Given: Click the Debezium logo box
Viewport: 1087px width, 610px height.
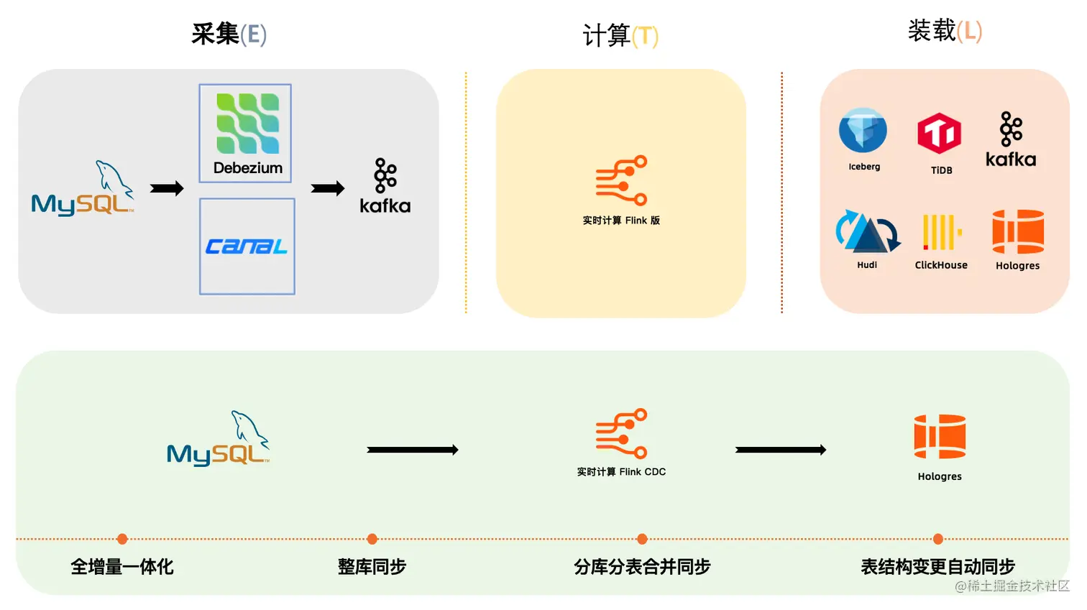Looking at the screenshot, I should pos(245,133).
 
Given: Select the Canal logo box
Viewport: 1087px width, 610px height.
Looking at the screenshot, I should pos(247,246).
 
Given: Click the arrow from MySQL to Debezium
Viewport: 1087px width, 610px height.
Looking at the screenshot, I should pos(167,188).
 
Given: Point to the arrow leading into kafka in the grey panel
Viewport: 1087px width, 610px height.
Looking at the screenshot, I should pos(328,188).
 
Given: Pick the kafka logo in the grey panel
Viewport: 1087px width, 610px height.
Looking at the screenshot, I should pos(385,186).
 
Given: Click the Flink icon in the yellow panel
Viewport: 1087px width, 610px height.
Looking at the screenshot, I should pos(621,180).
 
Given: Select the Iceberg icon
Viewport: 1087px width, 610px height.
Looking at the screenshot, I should pos(863,131).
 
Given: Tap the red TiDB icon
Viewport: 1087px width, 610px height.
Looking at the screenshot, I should pos(940,134).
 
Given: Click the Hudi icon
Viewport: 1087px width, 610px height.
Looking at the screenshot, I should pos(868,231).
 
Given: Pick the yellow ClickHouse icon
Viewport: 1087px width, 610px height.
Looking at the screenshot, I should pos(941,232).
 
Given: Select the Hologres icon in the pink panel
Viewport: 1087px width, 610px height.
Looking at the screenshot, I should pos(1018,231).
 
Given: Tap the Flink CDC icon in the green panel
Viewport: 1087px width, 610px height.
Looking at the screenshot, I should pos(621,433).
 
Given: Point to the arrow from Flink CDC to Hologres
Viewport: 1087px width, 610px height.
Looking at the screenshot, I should pos(781,450).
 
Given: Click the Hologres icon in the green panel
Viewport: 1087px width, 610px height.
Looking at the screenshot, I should pos(940,436).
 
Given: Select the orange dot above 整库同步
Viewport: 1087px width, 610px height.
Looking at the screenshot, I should pos(372,539).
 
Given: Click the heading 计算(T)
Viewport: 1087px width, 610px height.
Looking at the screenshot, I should pos(620,35).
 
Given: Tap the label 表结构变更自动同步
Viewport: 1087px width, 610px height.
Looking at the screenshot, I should pos(937,567).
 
